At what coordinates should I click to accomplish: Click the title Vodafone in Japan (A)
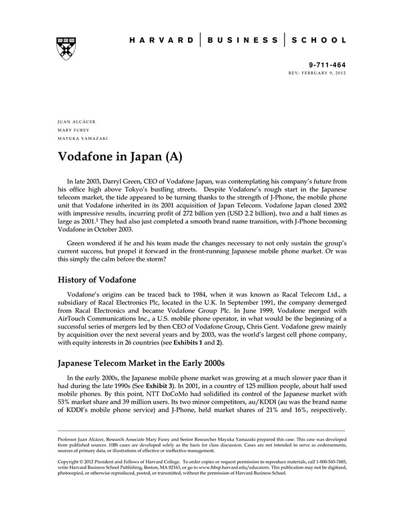coord(120,157)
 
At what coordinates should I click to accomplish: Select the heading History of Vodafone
coord(97,279)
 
